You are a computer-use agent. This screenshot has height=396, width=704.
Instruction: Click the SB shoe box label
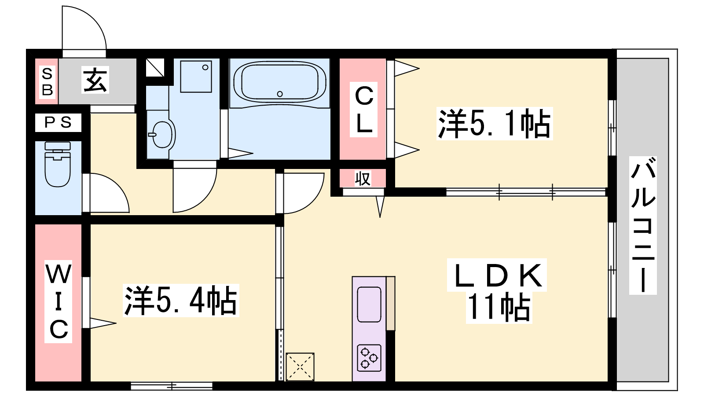point(47,82)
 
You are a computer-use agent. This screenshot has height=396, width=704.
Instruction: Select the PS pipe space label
point(58,122)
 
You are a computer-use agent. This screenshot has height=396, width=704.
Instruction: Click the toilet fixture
point(58,164)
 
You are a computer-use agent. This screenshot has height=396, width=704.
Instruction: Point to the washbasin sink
point(161,135)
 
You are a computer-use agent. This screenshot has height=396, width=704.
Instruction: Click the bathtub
point(280,82)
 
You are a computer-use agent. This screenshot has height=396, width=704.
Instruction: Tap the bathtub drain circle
point(280,94)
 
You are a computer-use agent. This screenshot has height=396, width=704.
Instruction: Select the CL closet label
point(363,110)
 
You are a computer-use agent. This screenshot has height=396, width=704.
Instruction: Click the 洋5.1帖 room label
point(495,124)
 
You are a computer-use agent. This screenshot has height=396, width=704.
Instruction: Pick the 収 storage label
point(363,178)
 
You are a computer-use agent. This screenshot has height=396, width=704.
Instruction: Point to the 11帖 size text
point(499,307)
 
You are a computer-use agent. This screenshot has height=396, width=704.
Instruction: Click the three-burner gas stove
point(369,358)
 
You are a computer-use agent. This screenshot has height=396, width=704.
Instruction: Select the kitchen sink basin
point(369,304)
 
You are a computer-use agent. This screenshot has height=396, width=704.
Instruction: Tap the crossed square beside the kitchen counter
point(300,367)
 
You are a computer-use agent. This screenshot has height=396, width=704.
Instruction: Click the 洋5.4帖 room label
point(181,301)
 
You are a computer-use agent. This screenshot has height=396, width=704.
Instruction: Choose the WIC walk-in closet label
point(59,301)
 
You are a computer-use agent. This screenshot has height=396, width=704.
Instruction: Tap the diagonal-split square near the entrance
point(155,68)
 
